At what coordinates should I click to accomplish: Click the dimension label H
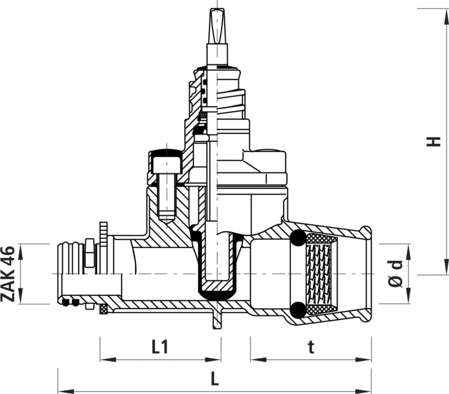(x=433, y=141)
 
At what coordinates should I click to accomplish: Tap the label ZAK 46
(x=7, y=274)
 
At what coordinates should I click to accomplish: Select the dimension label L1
(x=159, y=347)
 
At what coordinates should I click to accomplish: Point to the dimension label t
(x=311, y=347)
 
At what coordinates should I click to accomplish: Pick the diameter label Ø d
(x=396, y=274)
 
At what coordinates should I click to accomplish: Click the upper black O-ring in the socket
(x=298, y=238)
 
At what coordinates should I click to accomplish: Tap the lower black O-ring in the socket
(x=298, y=310)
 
